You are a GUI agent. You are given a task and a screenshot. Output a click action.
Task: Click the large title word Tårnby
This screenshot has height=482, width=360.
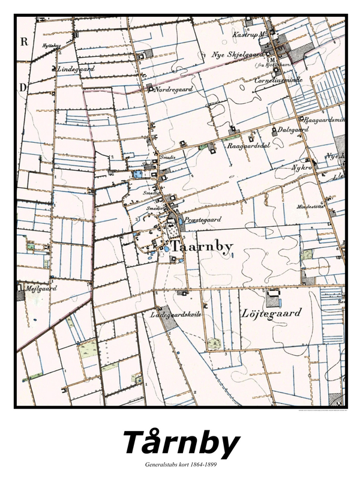(x=180, y=444)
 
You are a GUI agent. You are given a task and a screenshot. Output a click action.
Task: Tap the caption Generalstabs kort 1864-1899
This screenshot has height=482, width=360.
(x=180, y=466)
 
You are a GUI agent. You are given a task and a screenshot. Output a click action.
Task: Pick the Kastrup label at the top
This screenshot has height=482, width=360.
(x=246, y=34)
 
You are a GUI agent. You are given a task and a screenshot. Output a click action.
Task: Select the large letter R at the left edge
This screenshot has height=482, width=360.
(x=25, y=41)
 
